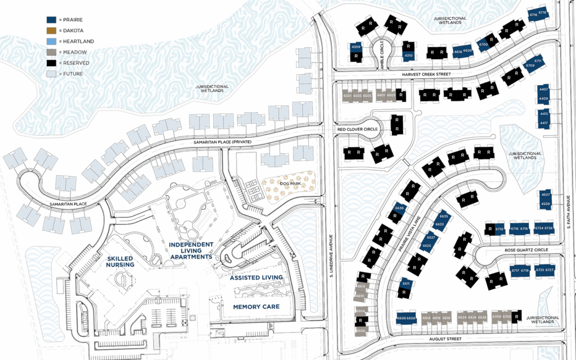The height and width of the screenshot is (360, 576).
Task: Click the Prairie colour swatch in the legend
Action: click(x=51, y=20)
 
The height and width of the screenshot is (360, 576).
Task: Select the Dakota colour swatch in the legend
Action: click(x=51, y=30)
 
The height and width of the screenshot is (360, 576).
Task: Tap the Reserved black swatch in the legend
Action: click(x=51, y=63)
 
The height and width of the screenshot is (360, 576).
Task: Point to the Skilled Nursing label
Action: click(x=120, y=261)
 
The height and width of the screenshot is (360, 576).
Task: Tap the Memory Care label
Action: click(x=255, y=307)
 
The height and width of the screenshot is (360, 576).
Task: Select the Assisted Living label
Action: click(x=256, y=277)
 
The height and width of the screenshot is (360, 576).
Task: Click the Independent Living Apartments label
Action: click(x=191, y=251)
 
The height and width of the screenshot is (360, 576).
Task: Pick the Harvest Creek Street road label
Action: click(x=426, y=74)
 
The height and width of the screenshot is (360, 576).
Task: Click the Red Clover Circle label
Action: click(x=357, y=129)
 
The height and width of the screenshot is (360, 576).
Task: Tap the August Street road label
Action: click(x=445, y=339)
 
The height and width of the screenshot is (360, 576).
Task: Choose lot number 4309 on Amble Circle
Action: click(x=355, y=47)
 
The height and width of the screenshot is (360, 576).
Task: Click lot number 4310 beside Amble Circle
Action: click(x=409, y=56)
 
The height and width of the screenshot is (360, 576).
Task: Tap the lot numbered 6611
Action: click(x=406, y=284)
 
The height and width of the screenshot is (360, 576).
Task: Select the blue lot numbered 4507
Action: click(x=544, y=195)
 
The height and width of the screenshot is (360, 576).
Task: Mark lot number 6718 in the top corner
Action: click(x=542, y=12)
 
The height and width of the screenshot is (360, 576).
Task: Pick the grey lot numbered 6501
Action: click(x=347, y=96)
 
